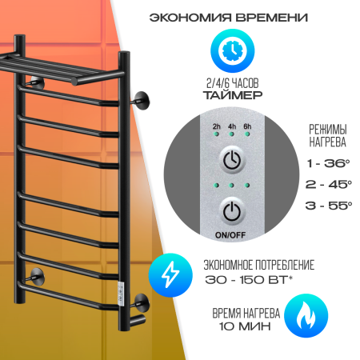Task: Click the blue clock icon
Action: coord(232,50)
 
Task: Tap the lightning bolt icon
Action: coord(170,275)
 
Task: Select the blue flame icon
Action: coord(306,316)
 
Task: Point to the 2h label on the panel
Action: coord(217,126)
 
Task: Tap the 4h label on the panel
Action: coord(232,126)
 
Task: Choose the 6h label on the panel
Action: coord(247,126)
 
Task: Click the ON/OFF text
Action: coord(230,235)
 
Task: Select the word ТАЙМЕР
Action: coord(233,95)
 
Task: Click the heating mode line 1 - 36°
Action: coord(328,163)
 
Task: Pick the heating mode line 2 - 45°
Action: coord(329,184)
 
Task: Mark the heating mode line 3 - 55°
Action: coord(329,206)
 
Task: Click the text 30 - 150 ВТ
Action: coord(246,280)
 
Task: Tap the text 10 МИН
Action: coord(245,326)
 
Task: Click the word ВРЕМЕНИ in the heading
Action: coord(272,18)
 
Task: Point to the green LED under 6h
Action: coord(247,134)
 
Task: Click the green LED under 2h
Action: coord(217,134)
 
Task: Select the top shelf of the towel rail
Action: coord(61,69)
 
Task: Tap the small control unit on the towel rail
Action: coord(121,294)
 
